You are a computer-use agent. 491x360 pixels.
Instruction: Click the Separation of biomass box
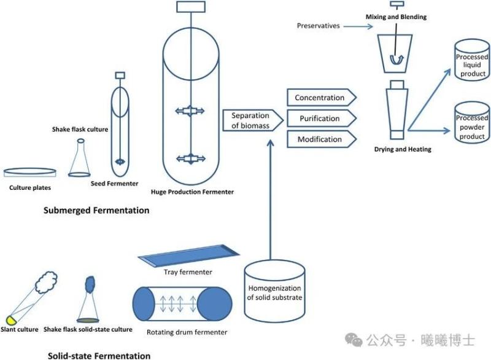pyautogui.click(x=250, y=120)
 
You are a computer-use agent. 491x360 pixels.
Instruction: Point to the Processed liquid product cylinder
pyautogui.click(x=471, y=65)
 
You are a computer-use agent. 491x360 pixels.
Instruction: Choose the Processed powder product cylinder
pyautogui.click(x=471, y=127)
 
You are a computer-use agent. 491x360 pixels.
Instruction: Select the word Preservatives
pyautogui.click(x=319, y=26)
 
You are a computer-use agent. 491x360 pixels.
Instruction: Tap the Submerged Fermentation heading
pyautogui.click(x=96, y=210)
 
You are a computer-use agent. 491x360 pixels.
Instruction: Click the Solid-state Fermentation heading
pyautogui.click(x=99, y=355)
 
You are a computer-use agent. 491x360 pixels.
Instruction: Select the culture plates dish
pyautogui.click(x=31, y=173)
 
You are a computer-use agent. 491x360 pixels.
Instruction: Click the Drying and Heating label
pyautogui.click(x=403, y=149)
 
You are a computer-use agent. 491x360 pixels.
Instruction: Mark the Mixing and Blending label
pyautogui.click(x=395, y=17)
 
